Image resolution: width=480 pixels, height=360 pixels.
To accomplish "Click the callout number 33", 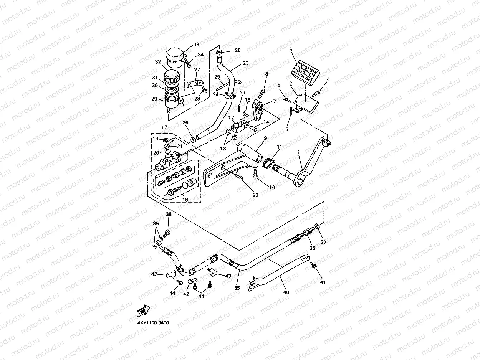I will click(196, 45).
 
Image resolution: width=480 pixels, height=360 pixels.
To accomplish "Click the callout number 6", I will click(291, 50).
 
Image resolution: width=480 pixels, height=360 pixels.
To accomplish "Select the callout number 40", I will click(286, 292).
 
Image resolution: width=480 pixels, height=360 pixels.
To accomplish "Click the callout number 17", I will click(164, 127).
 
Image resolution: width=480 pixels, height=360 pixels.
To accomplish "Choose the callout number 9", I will click(265, 138).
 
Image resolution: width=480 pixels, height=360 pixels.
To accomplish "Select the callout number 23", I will click(246, 63).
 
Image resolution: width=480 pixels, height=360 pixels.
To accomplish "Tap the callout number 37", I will click(324, 242).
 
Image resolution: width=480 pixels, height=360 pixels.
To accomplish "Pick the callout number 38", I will click(169, 214).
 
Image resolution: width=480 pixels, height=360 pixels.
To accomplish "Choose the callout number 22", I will click(255, 195).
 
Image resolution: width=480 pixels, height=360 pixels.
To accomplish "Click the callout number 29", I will click(154, 99).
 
